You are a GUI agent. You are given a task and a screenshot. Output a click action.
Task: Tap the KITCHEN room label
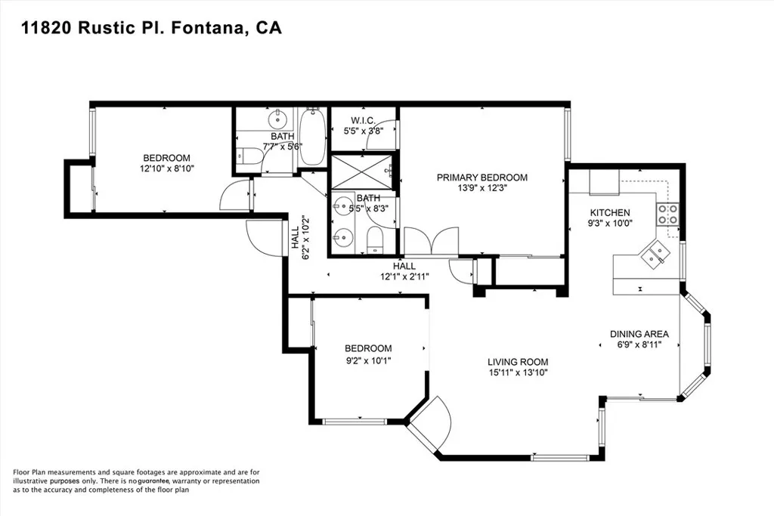[x=610, y=212]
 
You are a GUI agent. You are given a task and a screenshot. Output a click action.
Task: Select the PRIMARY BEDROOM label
[x=481, y=177]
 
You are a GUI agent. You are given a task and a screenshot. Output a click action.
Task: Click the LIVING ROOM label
[x=518, y=362]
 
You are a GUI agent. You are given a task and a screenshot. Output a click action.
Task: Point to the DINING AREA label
[x=639, y=333]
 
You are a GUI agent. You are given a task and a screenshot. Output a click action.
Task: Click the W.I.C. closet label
[x=364, y=120]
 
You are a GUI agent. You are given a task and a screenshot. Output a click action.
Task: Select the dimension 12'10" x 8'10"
[x=167, y=168]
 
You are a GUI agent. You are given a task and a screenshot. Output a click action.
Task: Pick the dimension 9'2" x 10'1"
[x=368, y=360]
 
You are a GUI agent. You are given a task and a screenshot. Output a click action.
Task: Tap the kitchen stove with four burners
[x=667, y=214]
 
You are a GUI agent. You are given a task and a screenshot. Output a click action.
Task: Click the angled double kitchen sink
[x=655, y=252]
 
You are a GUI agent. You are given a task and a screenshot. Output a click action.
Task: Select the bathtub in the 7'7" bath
[x=312, y=137]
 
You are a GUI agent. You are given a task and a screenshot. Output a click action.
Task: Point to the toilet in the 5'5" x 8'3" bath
[x=375, y=240]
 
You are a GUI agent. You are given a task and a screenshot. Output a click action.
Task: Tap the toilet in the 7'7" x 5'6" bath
[x=249, y=156]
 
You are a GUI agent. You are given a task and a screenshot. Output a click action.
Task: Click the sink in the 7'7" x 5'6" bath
[x=277, y=119]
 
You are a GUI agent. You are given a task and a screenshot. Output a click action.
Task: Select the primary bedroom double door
[x=432, y=241]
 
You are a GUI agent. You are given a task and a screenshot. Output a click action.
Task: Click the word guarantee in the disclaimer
[x=153, y=480]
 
